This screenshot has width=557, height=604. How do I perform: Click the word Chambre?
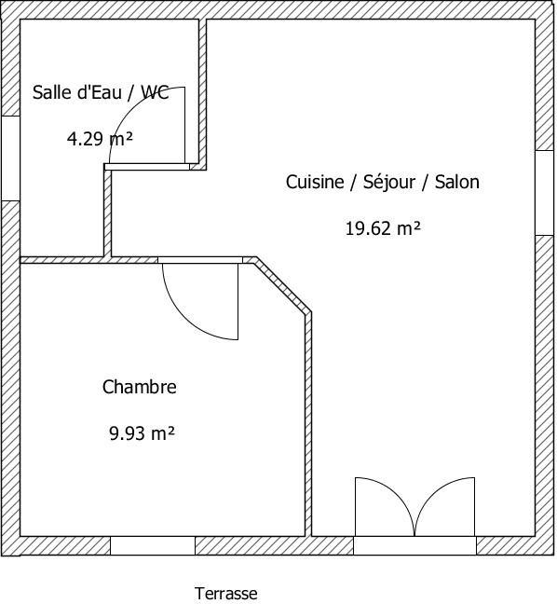click(140, 387)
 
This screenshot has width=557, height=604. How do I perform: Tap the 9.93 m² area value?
click(142, 433)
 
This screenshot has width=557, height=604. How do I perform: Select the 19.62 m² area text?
click(383, 228)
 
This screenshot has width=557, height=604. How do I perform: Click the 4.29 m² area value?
click(100, 139)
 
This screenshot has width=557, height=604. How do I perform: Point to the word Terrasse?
click(226, 594)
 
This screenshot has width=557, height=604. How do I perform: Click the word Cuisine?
click(315, 182)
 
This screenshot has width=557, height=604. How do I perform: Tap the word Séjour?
click(389, 183)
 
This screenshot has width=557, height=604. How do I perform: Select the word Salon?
click(457, 182)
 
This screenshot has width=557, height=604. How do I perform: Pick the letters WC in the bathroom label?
click(155, 92)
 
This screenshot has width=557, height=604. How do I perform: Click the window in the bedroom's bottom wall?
click(153, 546)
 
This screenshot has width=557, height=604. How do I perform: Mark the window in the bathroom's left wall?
click(11, 158)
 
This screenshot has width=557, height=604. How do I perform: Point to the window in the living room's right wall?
click(544, 193)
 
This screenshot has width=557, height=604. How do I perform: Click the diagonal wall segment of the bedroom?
click(283, 285)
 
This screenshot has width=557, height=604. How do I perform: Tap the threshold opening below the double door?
click(415, 546)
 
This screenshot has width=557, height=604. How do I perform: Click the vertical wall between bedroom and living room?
click(308, 424)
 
